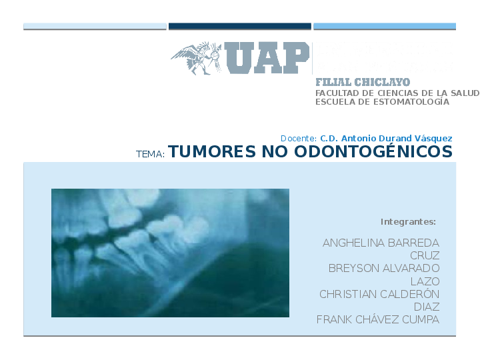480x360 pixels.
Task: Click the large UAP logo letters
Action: tap(267, 58)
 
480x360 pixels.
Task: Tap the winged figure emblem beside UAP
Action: tap(196, 58)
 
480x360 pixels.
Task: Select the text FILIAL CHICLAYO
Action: tap(363, 82)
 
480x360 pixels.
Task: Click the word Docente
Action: tap(299, 139)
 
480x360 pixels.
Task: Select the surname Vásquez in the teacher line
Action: tap(433, 139)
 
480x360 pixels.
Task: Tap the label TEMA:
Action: tap(150, 154)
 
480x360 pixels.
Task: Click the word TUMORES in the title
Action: tap(212, 151)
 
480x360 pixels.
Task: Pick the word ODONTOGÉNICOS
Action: tap(373, 151)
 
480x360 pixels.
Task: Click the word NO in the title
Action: tap(275, 151)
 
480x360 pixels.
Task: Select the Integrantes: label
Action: tap(408, 221)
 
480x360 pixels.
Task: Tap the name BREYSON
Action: tap(354, 268)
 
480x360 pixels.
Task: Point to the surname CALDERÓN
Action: tap(409, 293)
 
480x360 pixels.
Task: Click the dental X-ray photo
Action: tap(170, 253)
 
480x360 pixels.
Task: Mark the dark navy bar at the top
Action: tap(240, 26)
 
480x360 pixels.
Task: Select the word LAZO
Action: tap(425, 281)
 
